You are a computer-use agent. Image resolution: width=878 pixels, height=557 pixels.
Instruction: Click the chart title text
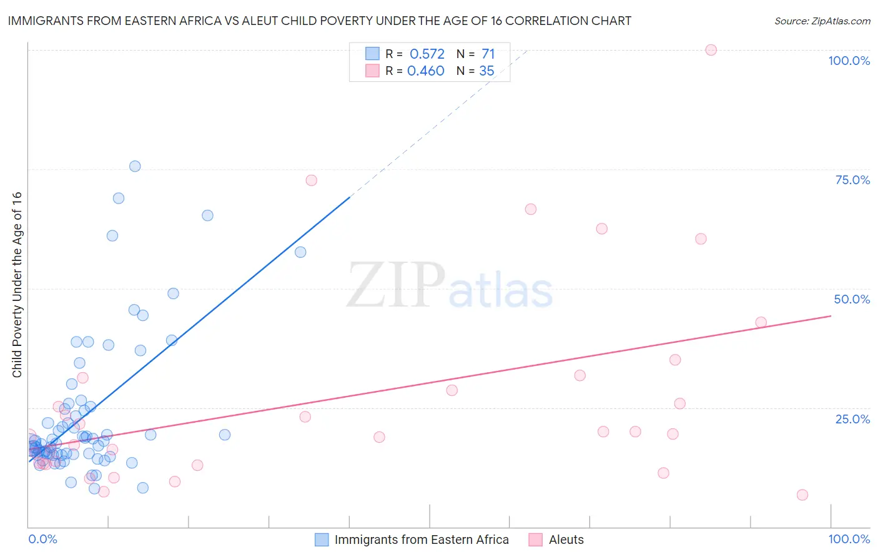319,21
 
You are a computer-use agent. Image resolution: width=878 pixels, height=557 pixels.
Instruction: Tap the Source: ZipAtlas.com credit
822,21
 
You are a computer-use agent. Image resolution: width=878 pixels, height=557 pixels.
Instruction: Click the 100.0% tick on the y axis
849,61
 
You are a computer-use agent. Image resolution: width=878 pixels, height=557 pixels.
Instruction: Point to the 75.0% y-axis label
852,180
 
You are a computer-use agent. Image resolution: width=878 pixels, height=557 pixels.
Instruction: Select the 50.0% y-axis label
852,299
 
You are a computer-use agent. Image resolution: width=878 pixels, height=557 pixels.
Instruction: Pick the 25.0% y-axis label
852,419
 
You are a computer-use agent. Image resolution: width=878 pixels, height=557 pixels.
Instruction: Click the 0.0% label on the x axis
42,539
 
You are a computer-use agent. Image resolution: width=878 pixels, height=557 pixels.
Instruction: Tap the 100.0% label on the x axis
849,539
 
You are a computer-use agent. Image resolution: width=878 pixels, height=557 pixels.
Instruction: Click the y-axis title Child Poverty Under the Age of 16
17,284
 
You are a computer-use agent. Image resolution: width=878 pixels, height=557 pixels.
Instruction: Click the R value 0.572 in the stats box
427,54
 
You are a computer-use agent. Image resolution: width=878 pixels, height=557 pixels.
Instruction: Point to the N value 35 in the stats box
486,71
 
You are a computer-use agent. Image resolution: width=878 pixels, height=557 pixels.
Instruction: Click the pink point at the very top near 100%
711,50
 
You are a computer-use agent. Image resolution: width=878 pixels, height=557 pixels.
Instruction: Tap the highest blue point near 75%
135,166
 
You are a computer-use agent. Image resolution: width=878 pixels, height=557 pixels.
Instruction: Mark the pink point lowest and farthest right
802,495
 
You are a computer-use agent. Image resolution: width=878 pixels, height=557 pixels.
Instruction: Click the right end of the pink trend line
831,316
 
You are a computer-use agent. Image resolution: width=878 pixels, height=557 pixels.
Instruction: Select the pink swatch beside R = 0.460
372,71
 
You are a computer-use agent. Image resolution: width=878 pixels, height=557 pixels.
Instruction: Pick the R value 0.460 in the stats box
426,71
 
